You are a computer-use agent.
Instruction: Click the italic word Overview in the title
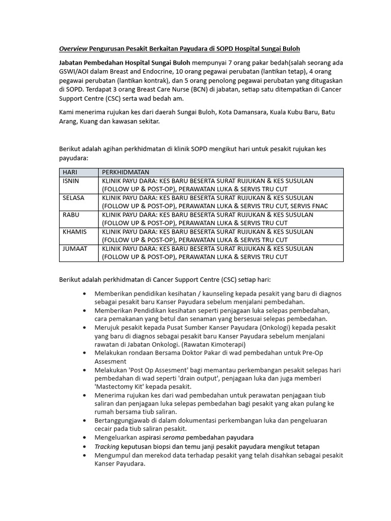[72, 49]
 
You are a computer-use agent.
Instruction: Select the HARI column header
[70, 172]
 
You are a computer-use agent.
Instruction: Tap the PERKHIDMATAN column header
[126, 172]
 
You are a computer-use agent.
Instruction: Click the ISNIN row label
[71, 181]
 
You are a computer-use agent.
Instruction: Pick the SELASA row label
[73, 197]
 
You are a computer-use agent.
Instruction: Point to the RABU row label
[71, 215]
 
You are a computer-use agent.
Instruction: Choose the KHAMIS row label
[74, 231]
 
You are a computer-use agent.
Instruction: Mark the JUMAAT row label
[74, 248]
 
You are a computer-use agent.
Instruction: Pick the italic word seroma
[173, 437]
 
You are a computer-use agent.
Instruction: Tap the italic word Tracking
[106, 446]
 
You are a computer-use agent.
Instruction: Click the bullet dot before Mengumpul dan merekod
[84, 455]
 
